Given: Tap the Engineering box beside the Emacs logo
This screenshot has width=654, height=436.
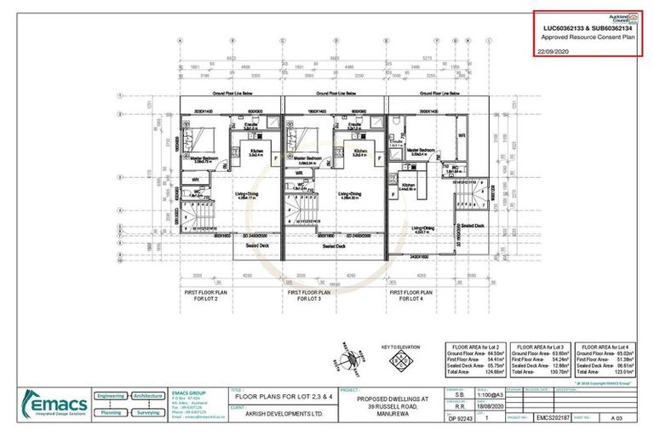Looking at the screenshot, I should tap(111, 396).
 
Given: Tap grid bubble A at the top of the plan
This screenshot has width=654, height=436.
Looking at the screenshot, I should tap(181, 40).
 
